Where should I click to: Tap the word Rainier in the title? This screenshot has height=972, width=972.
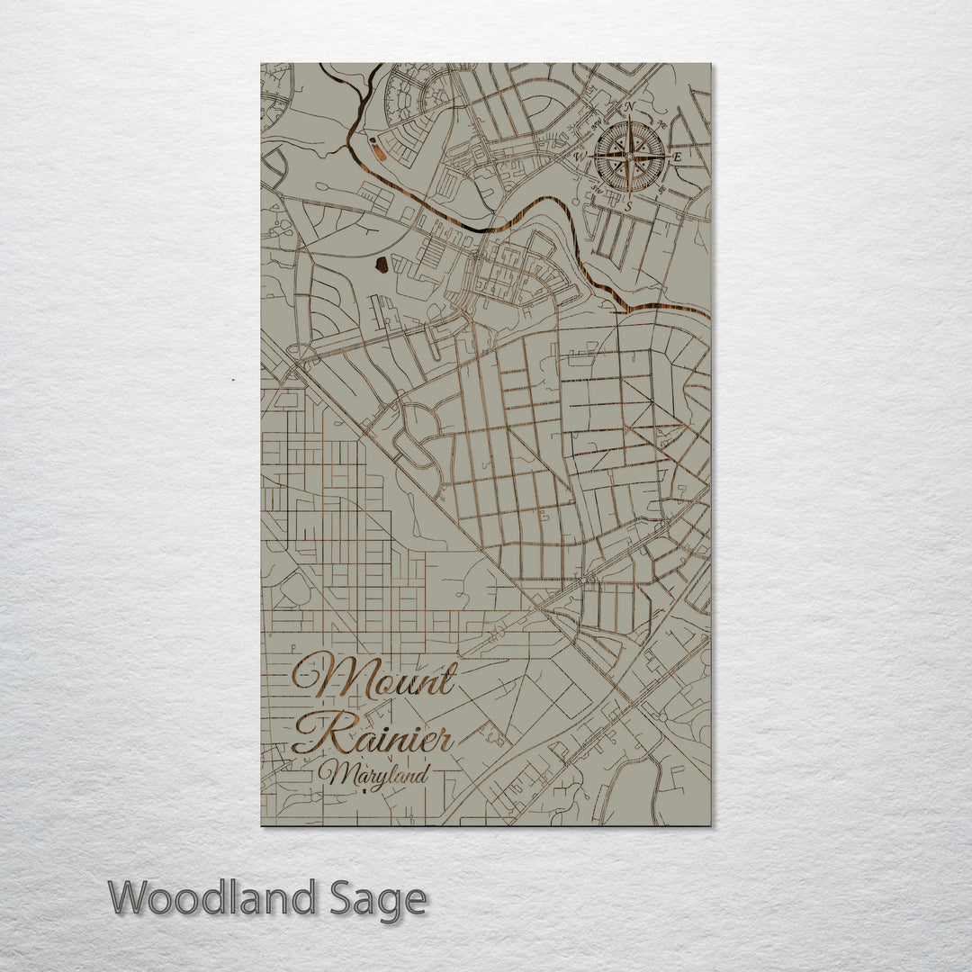click(x=373, y=735)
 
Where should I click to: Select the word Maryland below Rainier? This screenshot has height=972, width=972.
click(x=377, y=773)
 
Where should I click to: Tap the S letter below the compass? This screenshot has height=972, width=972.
click(x=629, y=205)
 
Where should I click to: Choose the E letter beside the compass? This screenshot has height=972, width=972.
click(x=678, y=157)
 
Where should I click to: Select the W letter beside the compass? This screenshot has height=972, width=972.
click(x=580, y=157)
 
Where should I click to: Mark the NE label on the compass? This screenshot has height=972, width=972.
click(x=662, y=124)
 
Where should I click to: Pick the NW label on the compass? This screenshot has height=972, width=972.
click(x=596, y=123)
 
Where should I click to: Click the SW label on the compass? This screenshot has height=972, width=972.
click(x=596, y=190)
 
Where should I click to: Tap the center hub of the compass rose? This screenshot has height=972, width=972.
click(x=629, y=157)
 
